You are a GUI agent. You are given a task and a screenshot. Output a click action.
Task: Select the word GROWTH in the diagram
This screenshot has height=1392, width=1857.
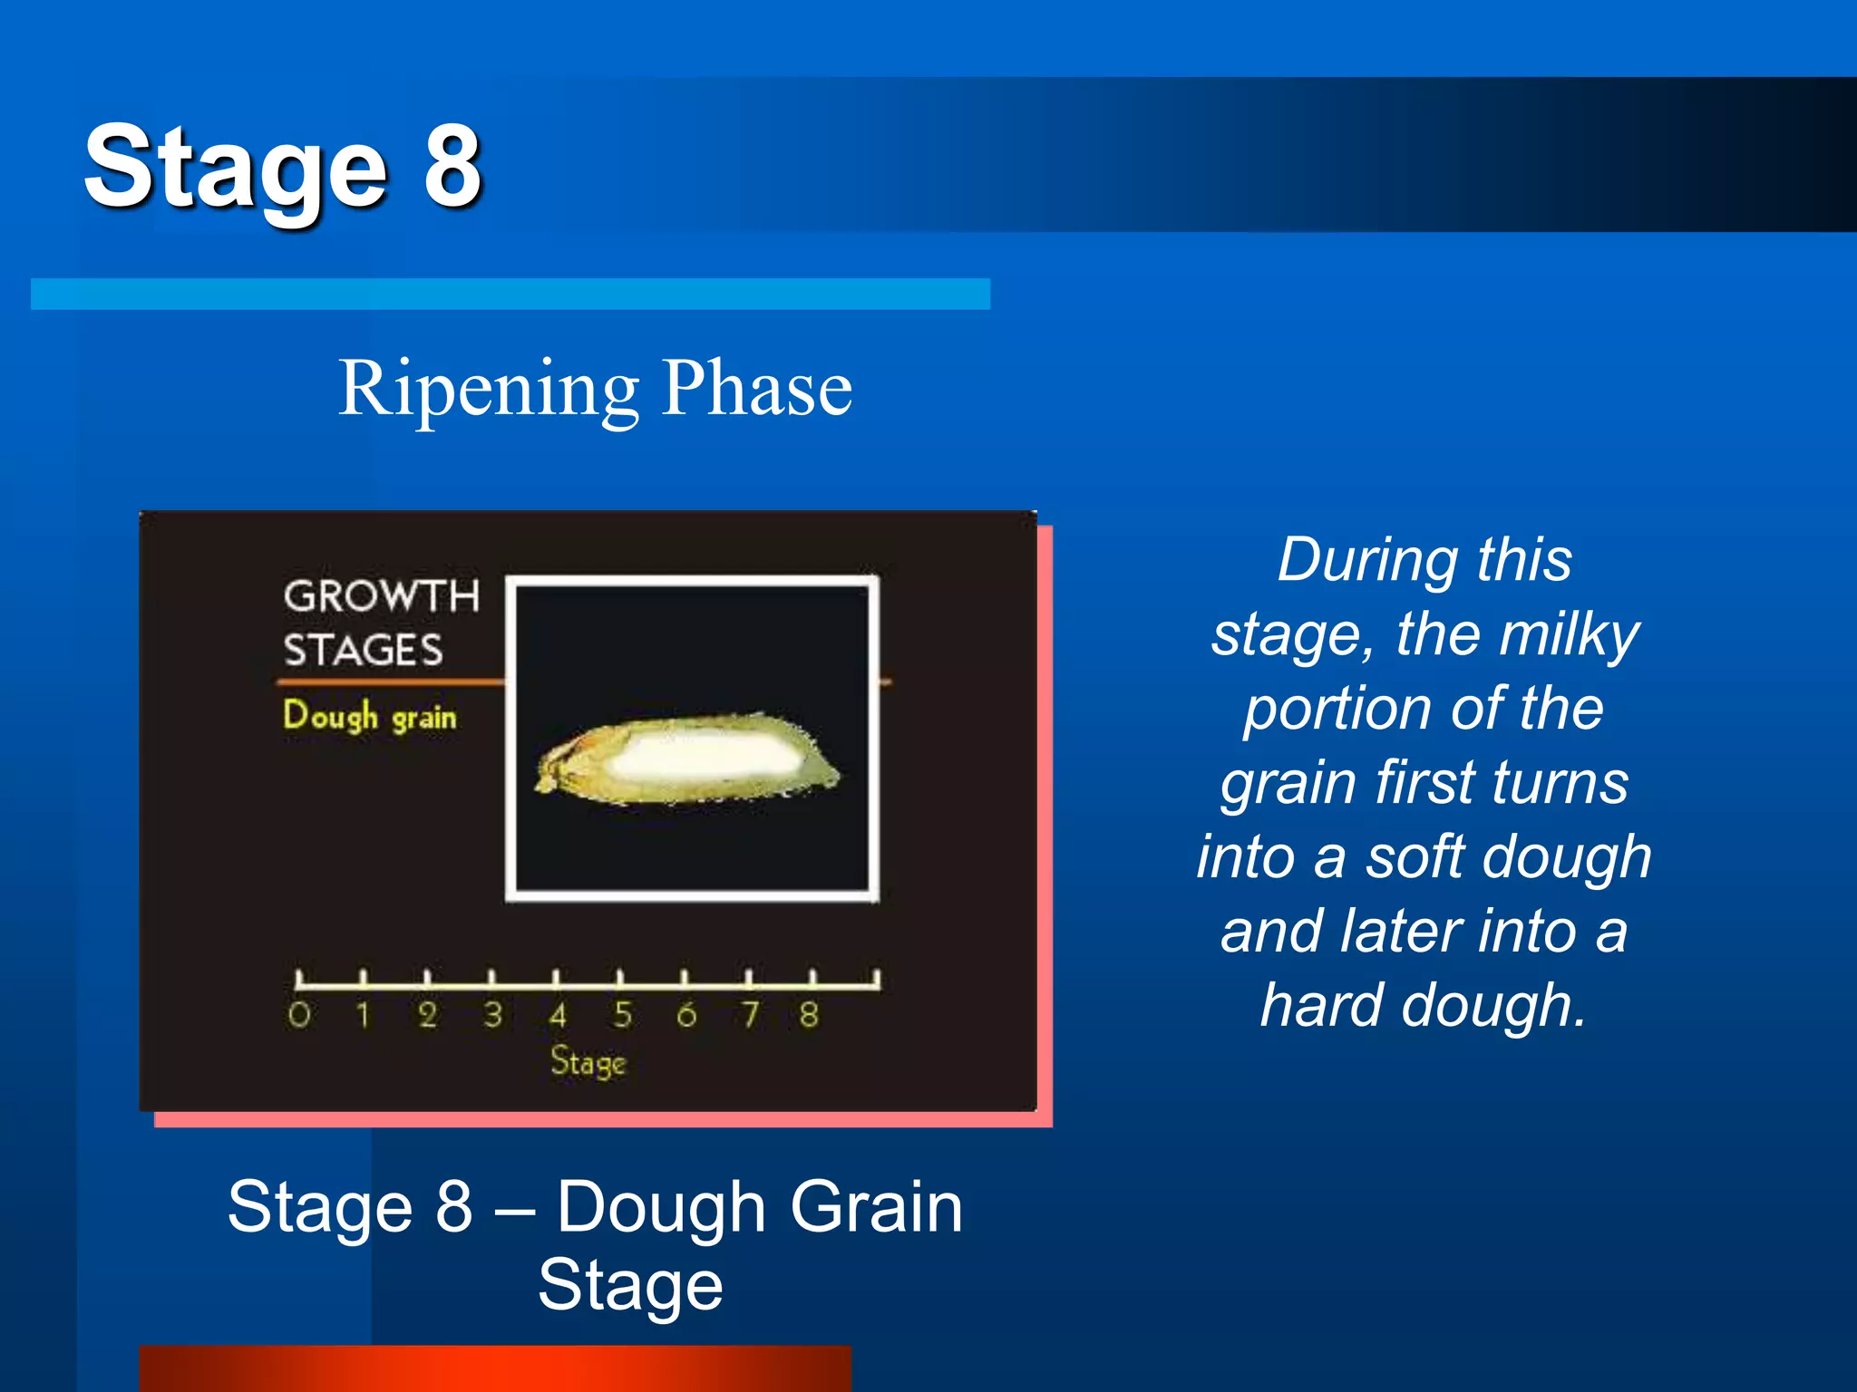[x=381, y=596]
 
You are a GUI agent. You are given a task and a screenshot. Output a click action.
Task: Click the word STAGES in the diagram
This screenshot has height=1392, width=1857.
[x=363, y=651]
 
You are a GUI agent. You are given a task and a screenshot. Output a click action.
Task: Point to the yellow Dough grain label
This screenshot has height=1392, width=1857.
[x=369, y=716]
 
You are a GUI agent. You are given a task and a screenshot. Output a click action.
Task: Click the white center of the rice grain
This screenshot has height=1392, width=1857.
[x=698, y=754]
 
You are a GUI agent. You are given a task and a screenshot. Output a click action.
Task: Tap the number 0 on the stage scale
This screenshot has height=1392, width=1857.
[x=299, y=1014]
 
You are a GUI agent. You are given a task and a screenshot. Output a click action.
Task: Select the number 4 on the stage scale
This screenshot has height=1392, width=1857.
[x=558, y=1014]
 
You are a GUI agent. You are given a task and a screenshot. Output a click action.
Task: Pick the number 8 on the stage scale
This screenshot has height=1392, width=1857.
[x=809, y=1014]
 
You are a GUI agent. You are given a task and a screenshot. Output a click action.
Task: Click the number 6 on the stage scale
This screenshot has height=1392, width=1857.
[x=686, y=1014]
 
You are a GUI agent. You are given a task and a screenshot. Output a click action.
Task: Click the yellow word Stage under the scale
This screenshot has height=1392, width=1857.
[x=588, y=1061]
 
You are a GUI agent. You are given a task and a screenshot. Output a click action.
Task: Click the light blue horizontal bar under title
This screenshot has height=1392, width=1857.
[x=510, y=294]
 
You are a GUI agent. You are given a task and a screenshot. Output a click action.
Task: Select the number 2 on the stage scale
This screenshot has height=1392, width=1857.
[x=428, y=1014]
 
